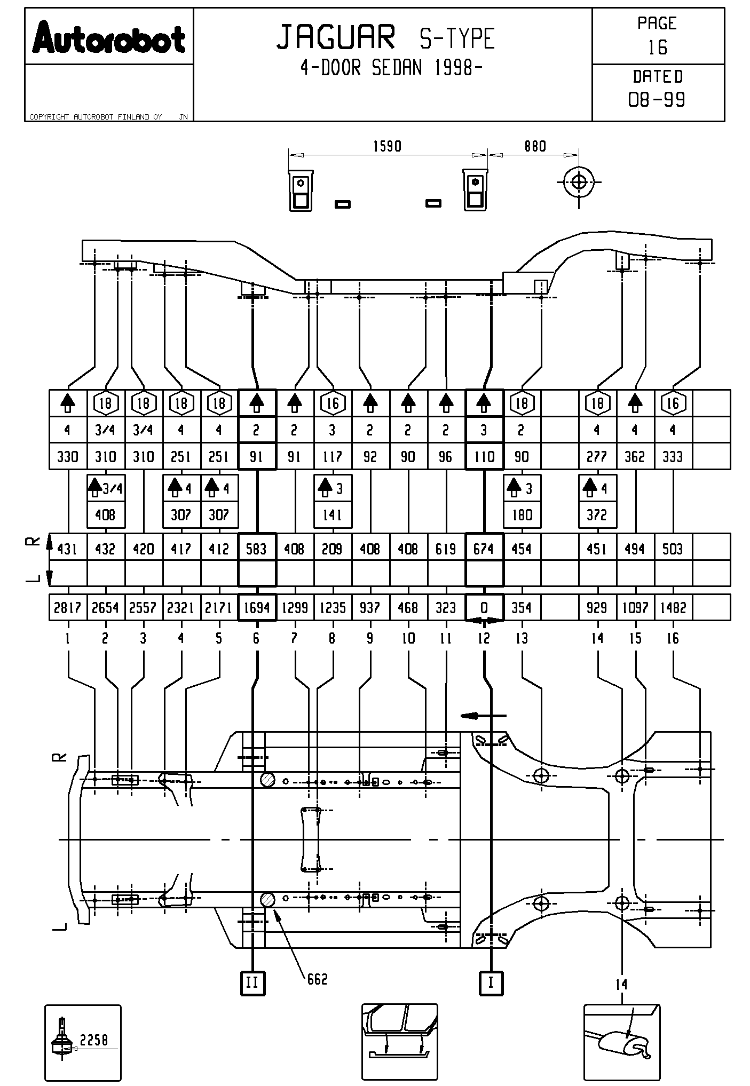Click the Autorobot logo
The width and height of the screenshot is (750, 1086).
109,38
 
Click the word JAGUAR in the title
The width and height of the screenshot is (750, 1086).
336,37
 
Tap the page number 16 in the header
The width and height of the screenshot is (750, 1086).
658,47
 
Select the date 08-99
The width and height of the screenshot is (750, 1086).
657,100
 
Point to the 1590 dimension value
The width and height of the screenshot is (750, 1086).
387,146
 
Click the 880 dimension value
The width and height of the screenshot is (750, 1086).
535,146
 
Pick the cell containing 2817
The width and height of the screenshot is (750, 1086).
67,608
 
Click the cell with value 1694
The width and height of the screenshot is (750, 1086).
257,608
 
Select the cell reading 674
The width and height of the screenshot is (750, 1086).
484,549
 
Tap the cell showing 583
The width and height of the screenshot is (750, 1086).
257,549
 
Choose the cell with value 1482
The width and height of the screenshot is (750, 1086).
673,608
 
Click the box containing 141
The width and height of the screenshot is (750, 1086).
333,515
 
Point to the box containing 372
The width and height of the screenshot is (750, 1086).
597,515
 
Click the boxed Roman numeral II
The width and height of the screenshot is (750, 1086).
252,982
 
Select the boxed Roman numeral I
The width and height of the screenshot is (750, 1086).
491,982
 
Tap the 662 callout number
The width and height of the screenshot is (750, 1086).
317,979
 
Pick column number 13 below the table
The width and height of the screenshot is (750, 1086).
522,638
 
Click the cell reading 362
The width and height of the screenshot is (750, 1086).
635,457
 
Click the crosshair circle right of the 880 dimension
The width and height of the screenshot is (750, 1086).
579,182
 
